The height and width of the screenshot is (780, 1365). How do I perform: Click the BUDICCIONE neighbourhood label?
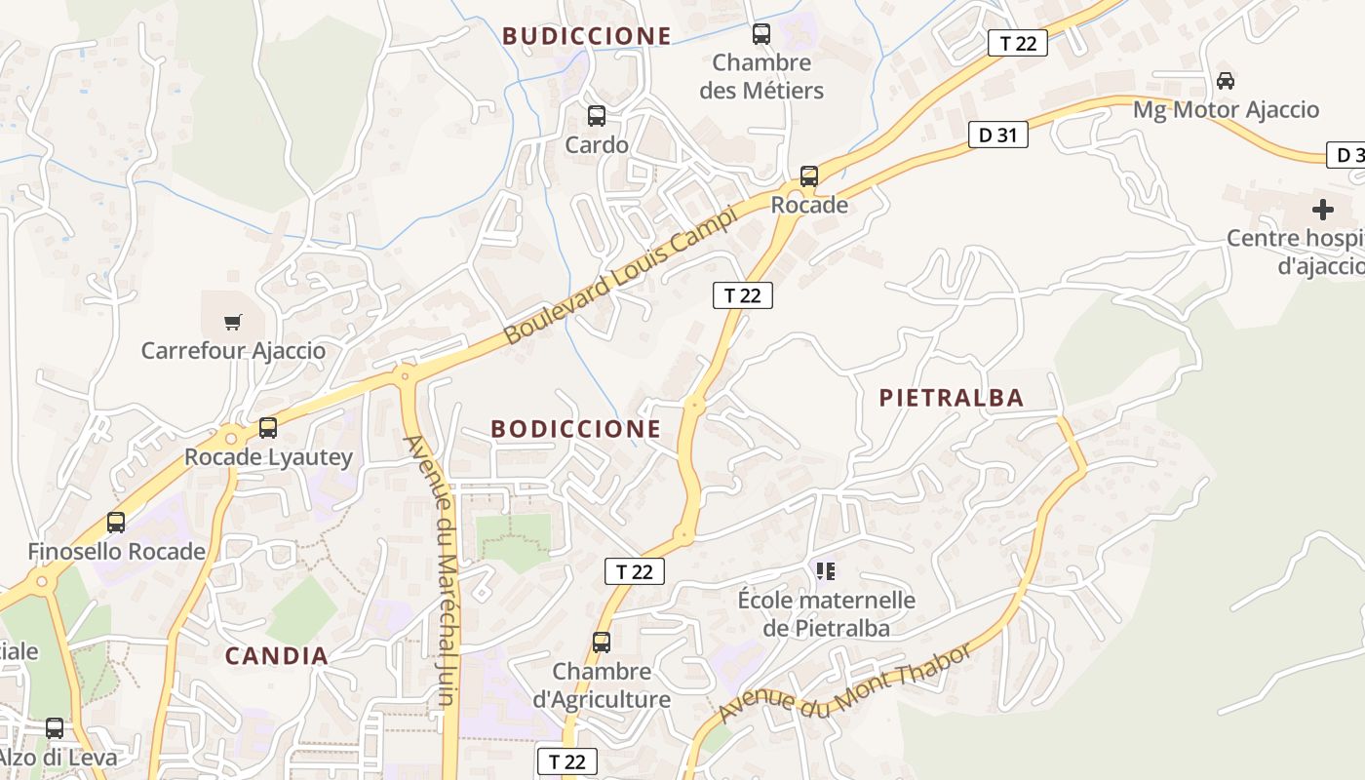pyautogui.click(x=586, y=36)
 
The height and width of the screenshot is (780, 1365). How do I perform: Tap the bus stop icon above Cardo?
pyautogui.click(x=597, y=116)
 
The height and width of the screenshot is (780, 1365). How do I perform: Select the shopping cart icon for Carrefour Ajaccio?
pyautogui.click(x=232, y=322)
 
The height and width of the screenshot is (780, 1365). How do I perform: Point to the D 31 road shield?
pyautogui.click(x=997, y=136)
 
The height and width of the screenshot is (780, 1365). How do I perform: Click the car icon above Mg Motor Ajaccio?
pyautogui.click(x=1226, y=80)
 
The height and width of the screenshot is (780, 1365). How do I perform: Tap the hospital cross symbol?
pyautogui.click(x=1322, y=209)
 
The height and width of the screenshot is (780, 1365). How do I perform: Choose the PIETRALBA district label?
pyautogui.click(x=951, y=398)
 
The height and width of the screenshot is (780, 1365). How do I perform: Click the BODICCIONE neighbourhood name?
pyautogui.click(x=575, y=429)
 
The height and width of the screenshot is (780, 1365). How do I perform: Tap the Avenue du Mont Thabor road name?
pyautogui.click(x=844, y=684)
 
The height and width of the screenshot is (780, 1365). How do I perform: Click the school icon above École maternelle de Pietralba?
pyautogui.click(x=826, y=570)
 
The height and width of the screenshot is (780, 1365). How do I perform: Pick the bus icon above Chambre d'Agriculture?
pyautogui.click(x=602, y=643)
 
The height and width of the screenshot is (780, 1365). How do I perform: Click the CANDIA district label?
pyautogui.click(x=277, y=656)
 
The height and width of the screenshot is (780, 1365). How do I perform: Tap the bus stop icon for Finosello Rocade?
pyautogui.click(x=116, y=523)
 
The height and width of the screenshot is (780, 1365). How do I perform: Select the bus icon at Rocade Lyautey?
pyautogui.click(x=268, y=427)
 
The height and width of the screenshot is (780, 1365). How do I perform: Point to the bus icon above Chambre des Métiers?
pyautogui.click(x=761, y=34)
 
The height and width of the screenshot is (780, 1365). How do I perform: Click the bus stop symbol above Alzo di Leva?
pyautogui.click(x=55, y=728)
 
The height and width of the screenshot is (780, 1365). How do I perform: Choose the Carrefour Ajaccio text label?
pyautogui.click(x=233, y=351)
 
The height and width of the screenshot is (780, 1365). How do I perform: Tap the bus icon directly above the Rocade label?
pyautogui.click(x=809, y=176)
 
